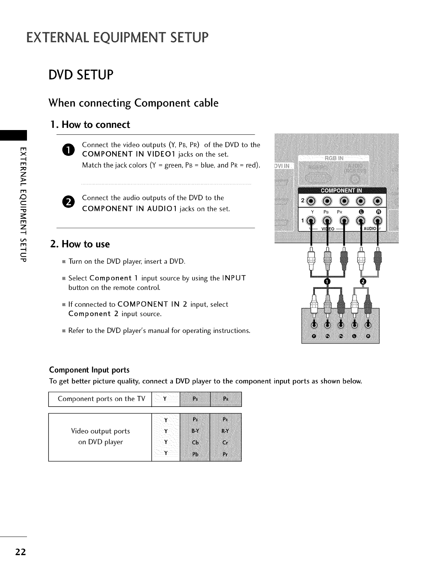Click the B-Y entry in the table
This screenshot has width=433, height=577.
[195, 431]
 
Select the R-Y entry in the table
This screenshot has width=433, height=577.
[225, 431]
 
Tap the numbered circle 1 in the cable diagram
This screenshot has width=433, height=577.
[327, 282]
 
